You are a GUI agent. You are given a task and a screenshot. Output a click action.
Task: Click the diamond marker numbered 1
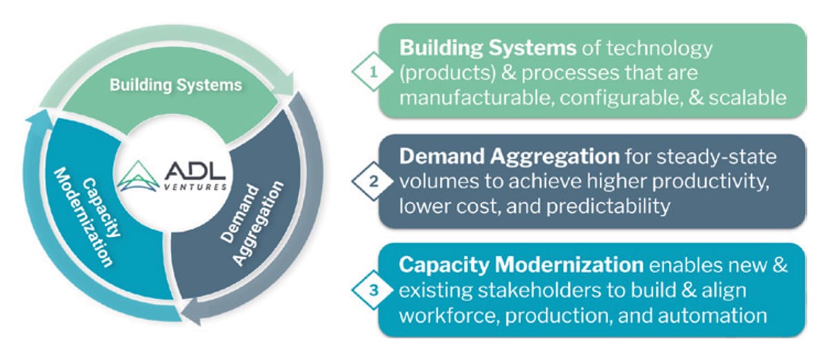[373, 72]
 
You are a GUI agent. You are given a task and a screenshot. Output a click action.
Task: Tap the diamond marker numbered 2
[373, 181]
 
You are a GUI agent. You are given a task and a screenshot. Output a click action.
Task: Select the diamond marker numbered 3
[373, 290]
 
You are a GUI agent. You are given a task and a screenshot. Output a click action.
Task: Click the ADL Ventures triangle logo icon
[138, 176]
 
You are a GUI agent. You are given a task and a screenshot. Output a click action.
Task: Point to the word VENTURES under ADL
[195, 187]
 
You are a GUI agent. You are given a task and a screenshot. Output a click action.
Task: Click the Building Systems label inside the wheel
[176, 85]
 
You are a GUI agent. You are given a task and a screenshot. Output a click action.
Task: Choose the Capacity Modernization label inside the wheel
[87, 217]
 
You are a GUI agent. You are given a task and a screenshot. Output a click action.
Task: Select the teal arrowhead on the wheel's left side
[39, 119]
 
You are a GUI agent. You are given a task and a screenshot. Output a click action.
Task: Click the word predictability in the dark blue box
[608, 206]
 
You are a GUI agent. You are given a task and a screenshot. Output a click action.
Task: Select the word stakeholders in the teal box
[540, 290]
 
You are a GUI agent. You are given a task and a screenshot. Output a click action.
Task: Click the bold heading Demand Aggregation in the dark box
[509, 157]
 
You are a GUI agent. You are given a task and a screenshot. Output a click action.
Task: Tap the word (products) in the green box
[447, 73]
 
